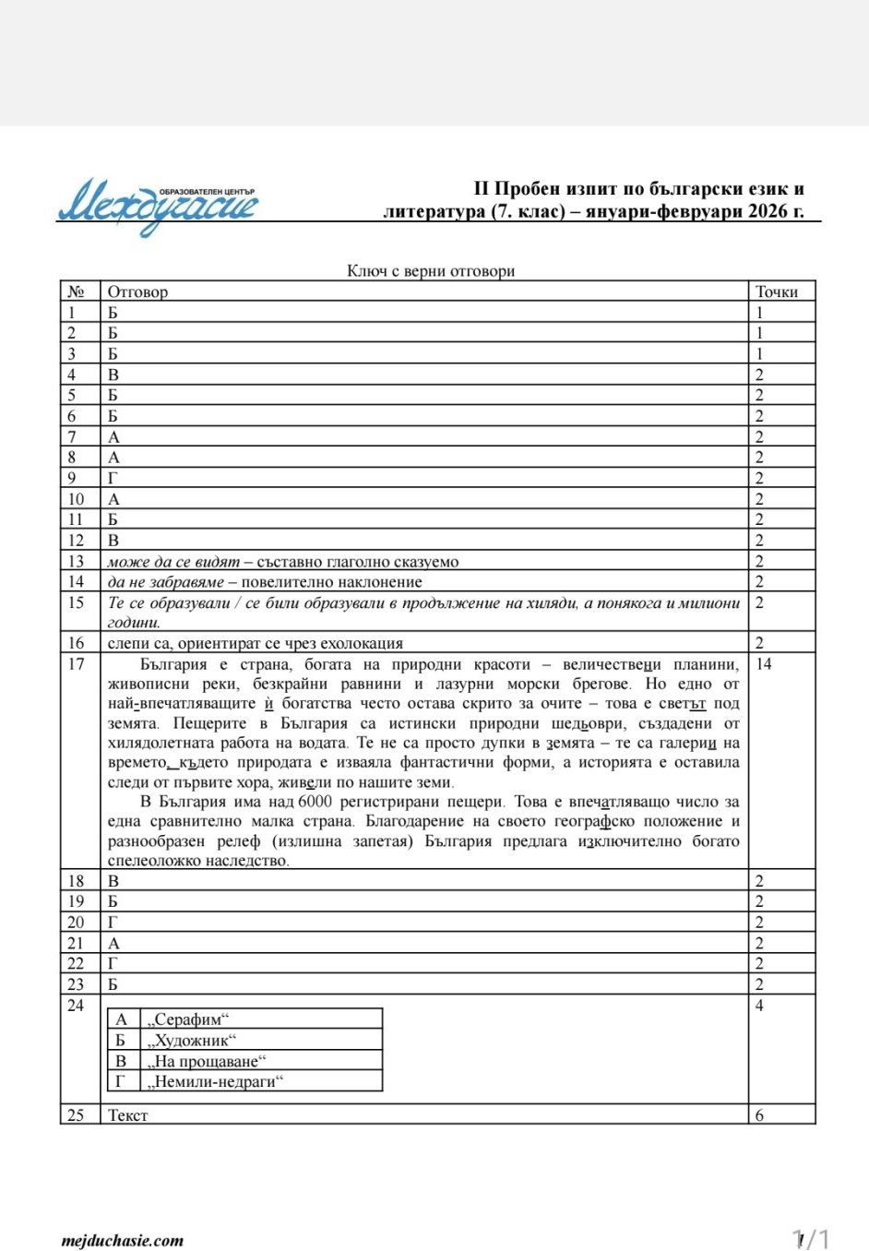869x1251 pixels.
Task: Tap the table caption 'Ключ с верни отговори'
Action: pos(430,270)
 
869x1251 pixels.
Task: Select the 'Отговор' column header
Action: pos(137,292)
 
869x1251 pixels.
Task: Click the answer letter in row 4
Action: pos(113,375)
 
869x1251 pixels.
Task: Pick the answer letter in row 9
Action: pos(113,478)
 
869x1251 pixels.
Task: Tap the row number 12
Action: pos(76,541)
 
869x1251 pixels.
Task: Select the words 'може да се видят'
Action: pos(173,562)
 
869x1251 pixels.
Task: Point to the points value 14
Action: pos(764,664)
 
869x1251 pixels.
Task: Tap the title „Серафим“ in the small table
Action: pos(187,1019)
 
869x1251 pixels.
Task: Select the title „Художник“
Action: pos(192,1041)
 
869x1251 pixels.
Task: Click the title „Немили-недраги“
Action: pos(215,1081)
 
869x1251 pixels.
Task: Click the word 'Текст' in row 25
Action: pos(127,1115)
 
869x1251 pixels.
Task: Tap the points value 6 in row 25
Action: pos(759,1115)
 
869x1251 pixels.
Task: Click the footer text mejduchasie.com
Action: pos(123,1241)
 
